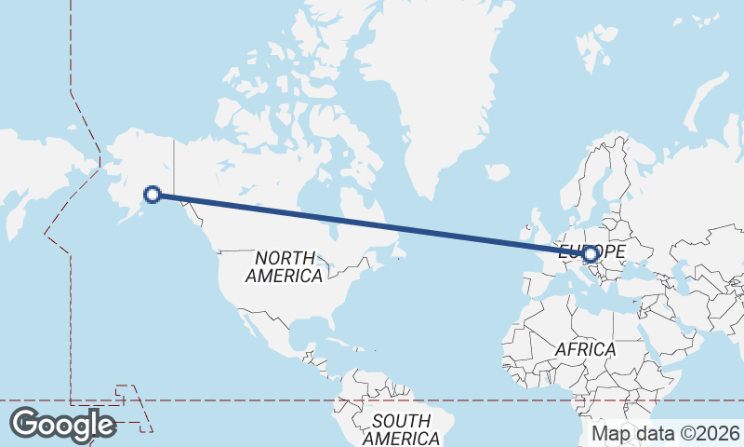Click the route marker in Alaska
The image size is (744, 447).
pos(153,195)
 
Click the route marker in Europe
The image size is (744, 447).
pos(591,252)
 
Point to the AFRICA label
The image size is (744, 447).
pos(585,349)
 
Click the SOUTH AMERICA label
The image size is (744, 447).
pos(402,429)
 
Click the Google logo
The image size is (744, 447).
pos(62,424)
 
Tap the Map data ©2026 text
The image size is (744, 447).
pos(666,433)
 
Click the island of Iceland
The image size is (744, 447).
pos(498,172)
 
